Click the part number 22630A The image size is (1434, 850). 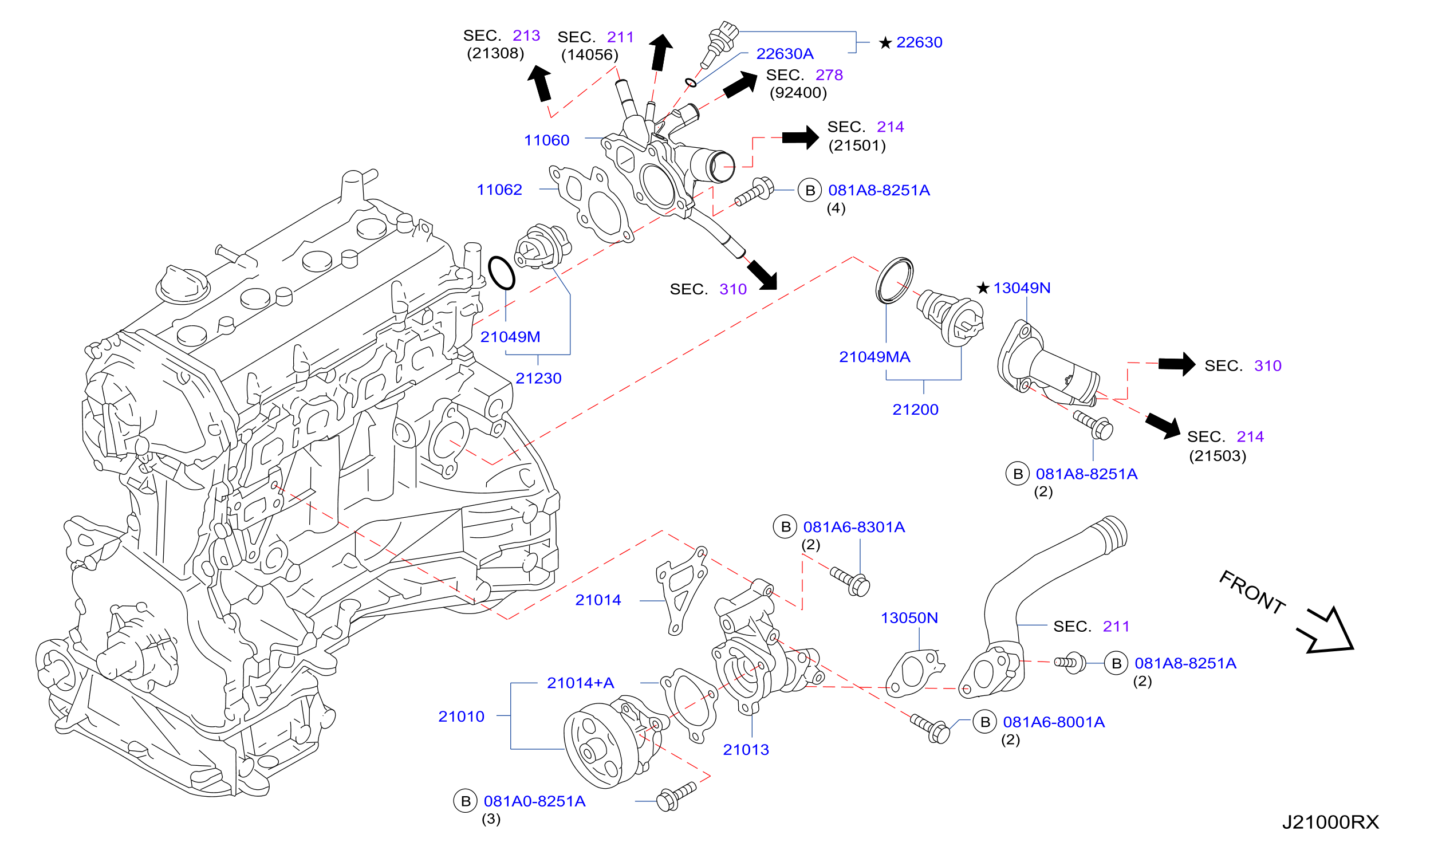tap(785, 54)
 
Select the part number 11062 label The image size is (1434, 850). tap(499, 190)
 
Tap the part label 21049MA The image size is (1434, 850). tap(874, 357)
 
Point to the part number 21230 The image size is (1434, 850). tap(538, 378)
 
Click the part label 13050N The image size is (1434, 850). tap(909, 617)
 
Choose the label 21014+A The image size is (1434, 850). tap(580, 683)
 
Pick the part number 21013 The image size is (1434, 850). tap(746, 749)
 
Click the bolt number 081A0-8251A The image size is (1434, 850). tap(534, 801)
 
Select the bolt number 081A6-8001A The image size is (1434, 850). tap(1054, 722)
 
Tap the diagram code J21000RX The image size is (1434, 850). tap(1330, 822)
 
